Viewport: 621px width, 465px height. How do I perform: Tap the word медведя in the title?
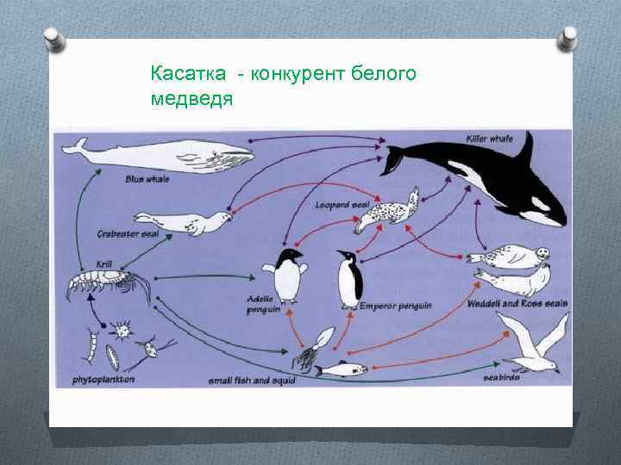tap(191, 99)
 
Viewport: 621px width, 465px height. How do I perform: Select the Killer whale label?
tap(489, 138)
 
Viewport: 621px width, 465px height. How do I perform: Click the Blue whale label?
tap(147, 178)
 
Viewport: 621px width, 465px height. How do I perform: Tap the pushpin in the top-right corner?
tap(568, 37)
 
